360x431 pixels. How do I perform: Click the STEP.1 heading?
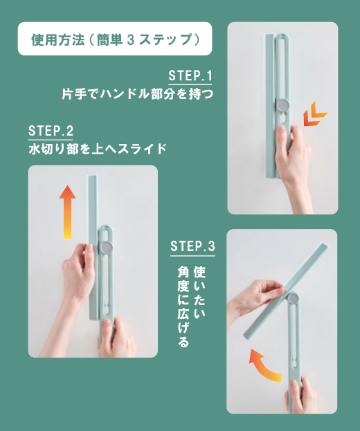190,75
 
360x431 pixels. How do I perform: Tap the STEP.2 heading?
51,131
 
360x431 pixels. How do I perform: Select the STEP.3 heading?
192,246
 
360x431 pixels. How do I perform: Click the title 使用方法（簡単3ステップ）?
115,39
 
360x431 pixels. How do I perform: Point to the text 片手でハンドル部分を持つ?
138,93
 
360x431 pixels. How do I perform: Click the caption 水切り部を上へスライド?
98,149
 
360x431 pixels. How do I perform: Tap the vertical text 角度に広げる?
183,306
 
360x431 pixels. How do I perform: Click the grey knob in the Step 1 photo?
283,105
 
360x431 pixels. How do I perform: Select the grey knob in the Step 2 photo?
107,248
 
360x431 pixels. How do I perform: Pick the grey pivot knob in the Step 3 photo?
293,298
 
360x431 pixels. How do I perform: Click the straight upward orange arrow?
67,212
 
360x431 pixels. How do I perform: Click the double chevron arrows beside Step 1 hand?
314,113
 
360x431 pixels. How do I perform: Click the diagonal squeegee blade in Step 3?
286,291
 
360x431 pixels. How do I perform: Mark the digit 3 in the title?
131,40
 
